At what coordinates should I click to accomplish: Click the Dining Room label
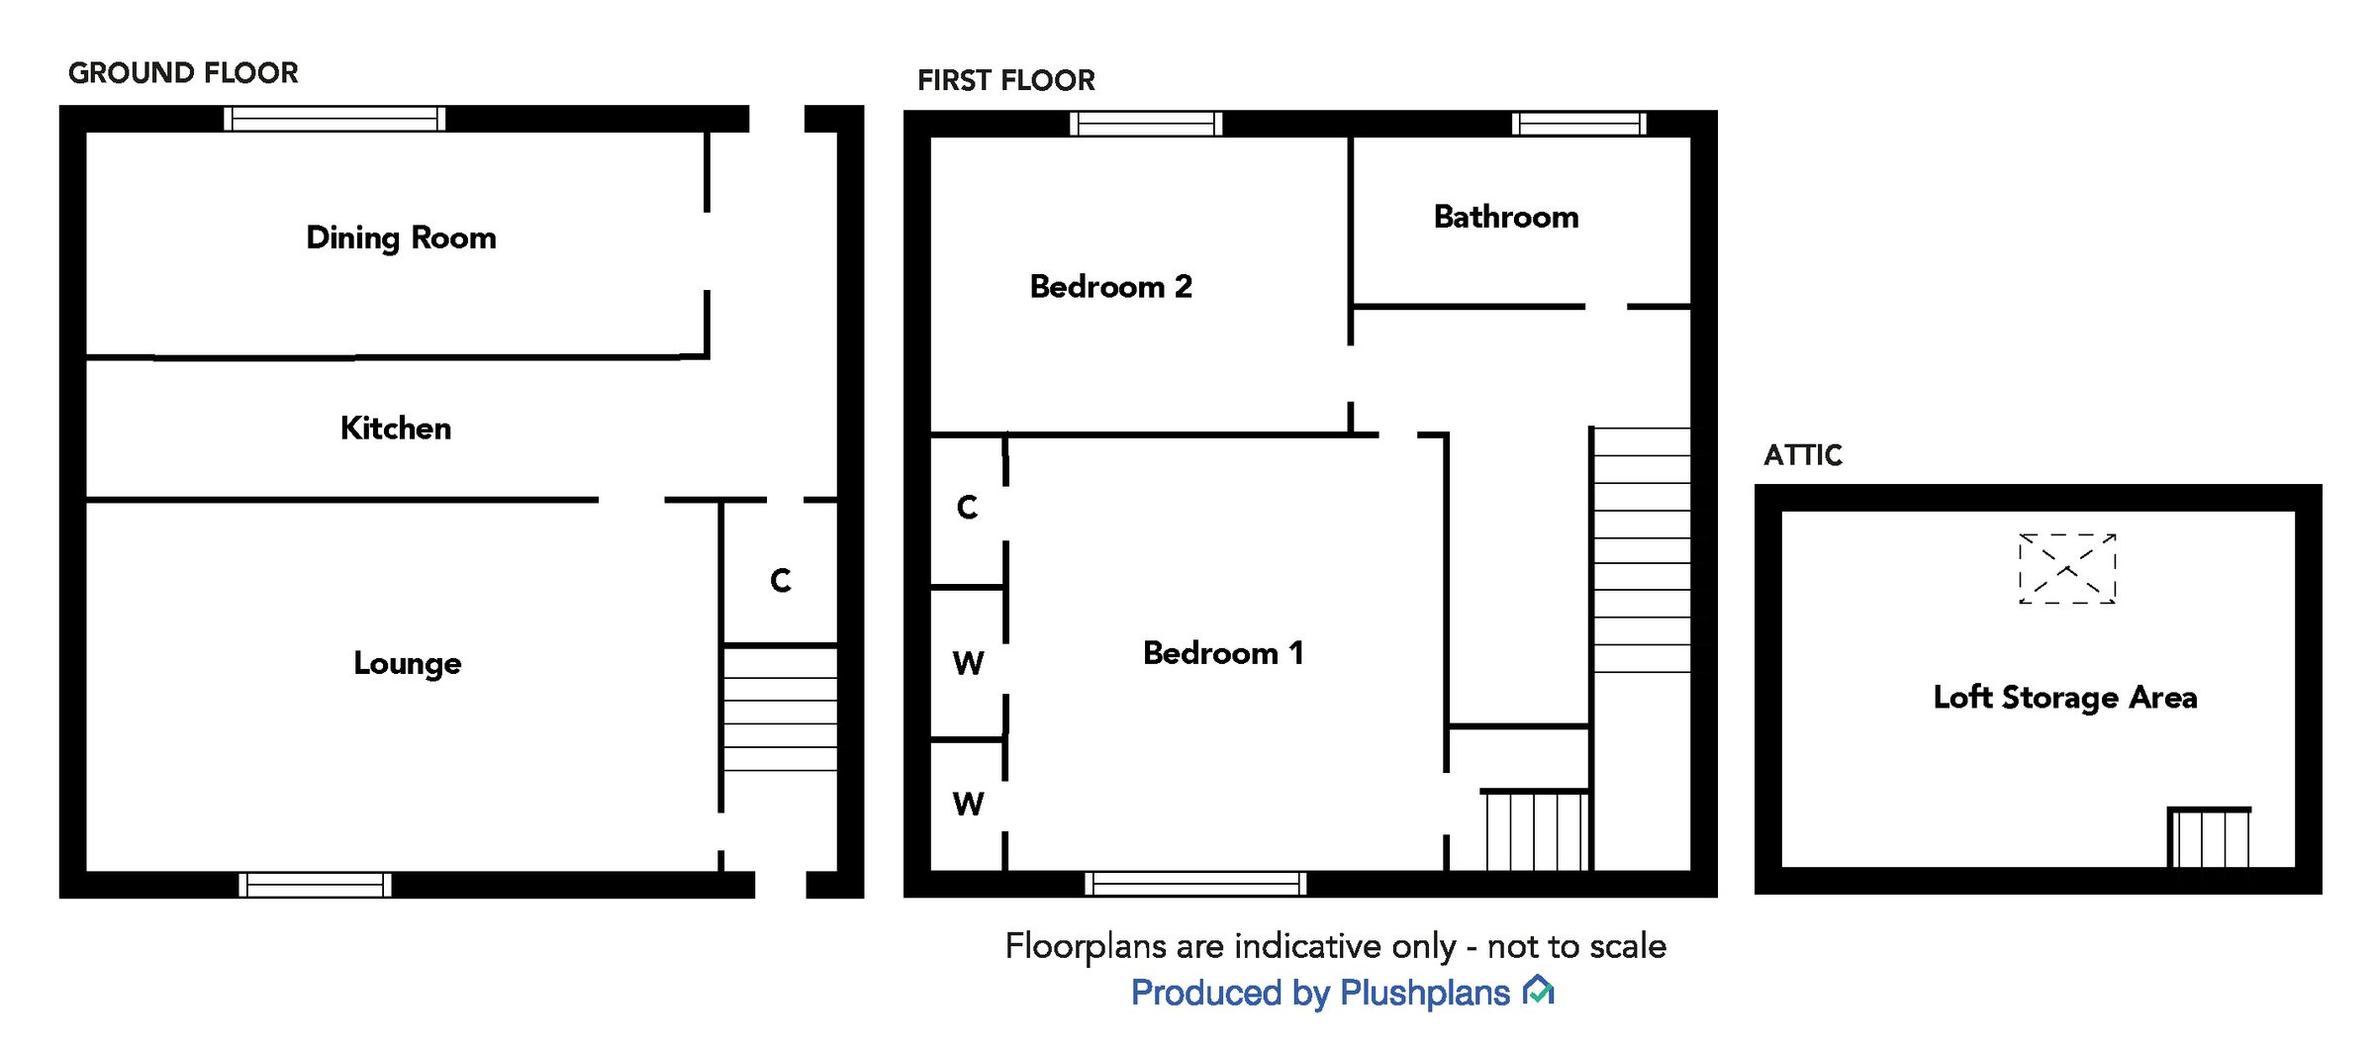click(401, 238)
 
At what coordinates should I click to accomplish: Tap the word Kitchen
click(396, 428)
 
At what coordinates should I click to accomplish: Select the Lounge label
click(407, 663)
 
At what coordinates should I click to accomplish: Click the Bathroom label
click(1505, 217)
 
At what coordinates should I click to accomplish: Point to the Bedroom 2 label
click(1110, 287)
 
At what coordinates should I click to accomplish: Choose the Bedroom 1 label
click(1223, 653)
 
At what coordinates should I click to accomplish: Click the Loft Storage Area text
click(2064, 698)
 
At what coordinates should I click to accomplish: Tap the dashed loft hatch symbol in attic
click(2066, 569)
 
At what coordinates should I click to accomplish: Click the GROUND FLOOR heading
click(183, 73)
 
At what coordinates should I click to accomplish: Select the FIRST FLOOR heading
click(1005, 80)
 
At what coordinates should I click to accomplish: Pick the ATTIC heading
click(1802, 455)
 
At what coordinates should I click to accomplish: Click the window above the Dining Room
click(334, 119)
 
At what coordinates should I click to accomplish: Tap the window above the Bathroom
click(1578, 124)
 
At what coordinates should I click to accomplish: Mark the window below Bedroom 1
click(1195, 884)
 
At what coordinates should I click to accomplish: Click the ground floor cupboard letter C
click(780, 581)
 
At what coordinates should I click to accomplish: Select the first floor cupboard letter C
click(967, 508)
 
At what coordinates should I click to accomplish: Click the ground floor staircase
click(780, 709)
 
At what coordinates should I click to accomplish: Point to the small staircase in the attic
click(2209, 837)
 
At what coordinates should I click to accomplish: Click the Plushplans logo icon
click(1539, 990)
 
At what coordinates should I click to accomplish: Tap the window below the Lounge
click(315, 885)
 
